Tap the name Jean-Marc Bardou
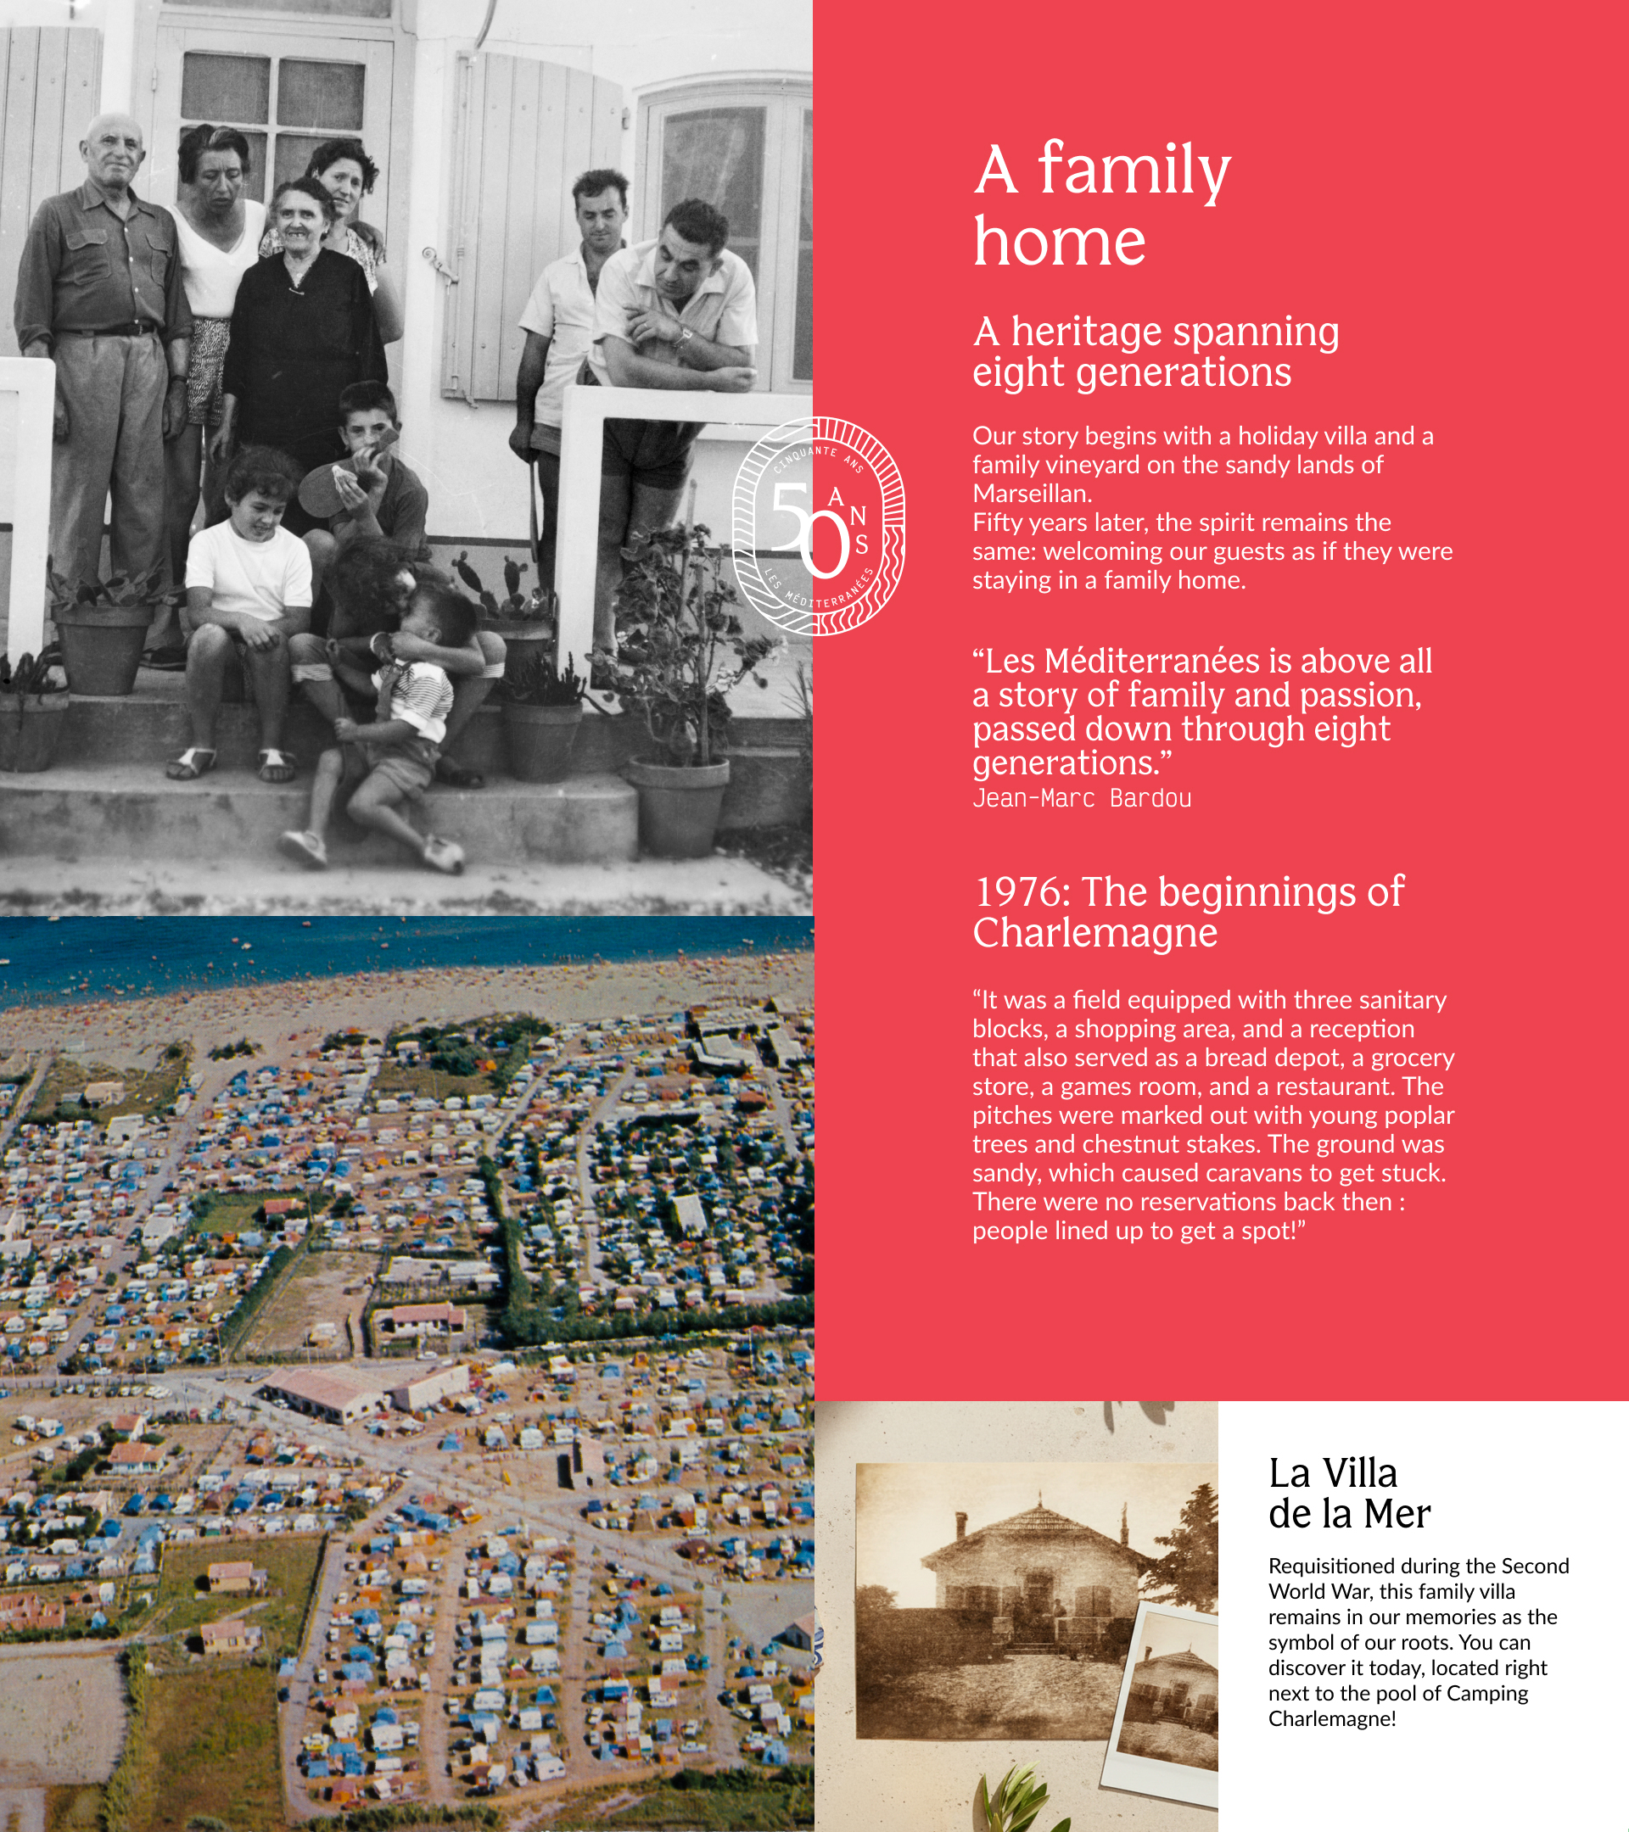pyautogui.click(x=1081, y=798)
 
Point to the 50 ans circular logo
pyautogui.click(x=818, y=527)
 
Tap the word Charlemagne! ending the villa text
pyautogui.click(x=1331, y=1719)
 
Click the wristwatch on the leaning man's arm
pyautogui.click(x=684, y=337)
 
